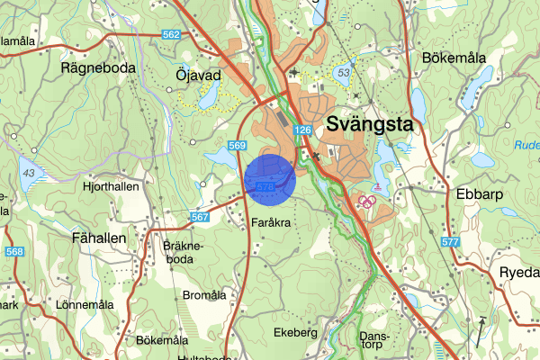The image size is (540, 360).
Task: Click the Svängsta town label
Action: click(370, 125)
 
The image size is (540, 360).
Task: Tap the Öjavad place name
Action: click(198, 76)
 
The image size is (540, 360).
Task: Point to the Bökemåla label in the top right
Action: click(453, 57)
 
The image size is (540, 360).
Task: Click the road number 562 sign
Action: click(172, 35)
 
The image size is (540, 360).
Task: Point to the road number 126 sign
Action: click(301, 131)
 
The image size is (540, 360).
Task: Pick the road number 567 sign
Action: click(200, 217)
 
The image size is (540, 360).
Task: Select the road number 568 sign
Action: click(13, 251)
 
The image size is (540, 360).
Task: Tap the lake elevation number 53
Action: click(342, 70)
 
